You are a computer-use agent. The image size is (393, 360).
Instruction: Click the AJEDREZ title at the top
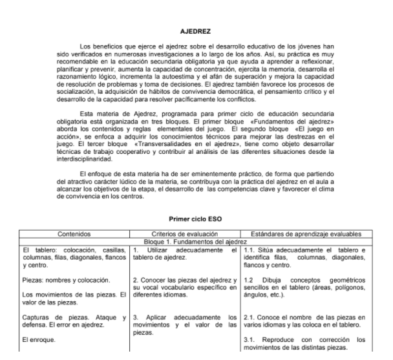(196, 29)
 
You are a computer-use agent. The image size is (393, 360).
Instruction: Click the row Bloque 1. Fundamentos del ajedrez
(196, 241)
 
